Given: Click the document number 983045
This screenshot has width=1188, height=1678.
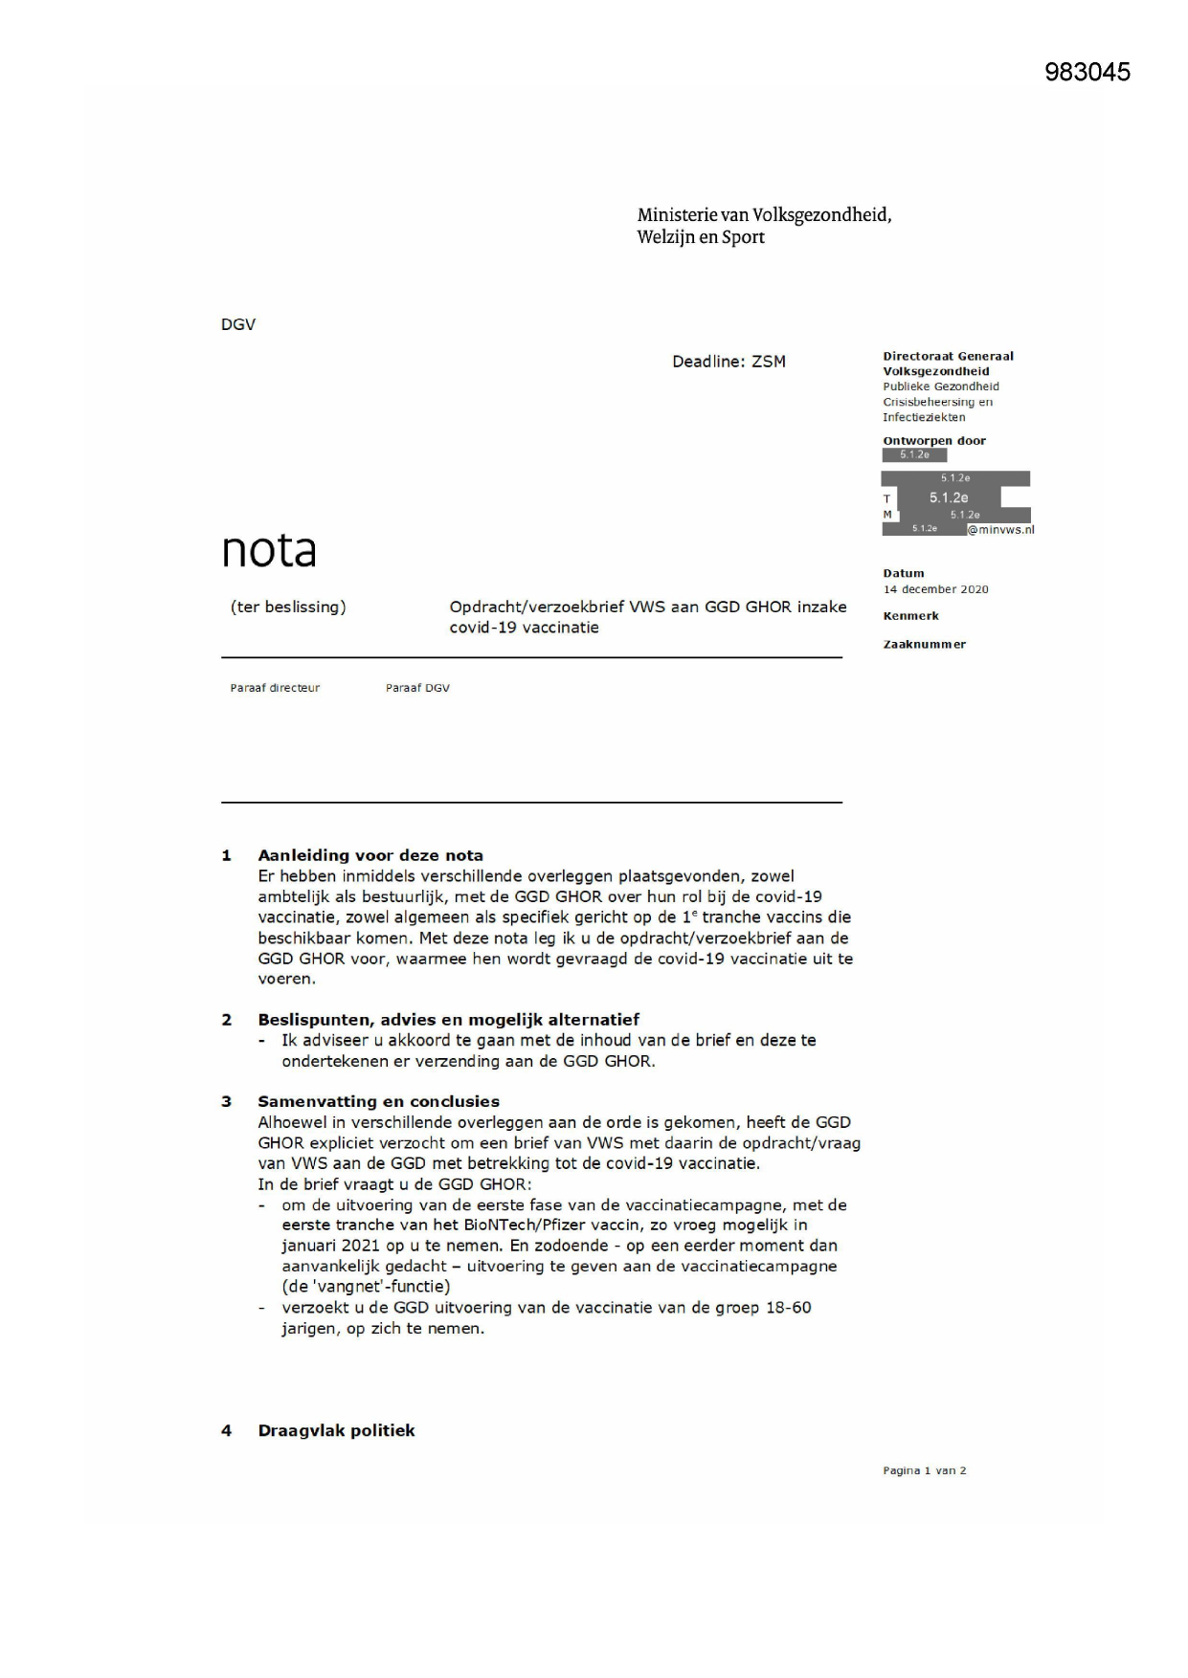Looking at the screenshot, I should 1087,72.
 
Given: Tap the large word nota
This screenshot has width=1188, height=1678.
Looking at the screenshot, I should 269,550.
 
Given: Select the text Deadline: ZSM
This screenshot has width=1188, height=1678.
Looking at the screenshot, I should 728,362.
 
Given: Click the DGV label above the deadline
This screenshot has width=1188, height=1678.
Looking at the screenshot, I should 238,324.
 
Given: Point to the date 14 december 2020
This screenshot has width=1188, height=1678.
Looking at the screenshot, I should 935,589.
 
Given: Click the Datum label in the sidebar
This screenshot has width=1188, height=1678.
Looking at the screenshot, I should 903,573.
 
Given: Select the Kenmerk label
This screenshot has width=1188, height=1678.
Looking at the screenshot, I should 910,616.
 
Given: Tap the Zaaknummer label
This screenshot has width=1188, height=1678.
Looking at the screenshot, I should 924,645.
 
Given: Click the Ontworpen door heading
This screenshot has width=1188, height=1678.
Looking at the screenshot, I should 933,441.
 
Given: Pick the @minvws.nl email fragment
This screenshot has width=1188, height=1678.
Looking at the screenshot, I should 1000,530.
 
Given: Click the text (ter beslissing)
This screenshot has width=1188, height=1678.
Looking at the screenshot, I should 288,607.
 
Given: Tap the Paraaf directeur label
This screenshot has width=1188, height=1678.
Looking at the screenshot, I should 275,688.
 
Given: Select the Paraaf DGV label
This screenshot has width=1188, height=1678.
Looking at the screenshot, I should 417,688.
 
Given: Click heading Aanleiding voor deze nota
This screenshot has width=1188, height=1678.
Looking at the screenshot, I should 370,855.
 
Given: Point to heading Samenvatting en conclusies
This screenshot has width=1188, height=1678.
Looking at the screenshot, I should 378,1101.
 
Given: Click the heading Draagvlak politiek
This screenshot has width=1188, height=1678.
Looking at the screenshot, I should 336,1430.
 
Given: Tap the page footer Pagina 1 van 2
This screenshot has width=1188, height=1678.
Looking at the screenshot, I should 924,1470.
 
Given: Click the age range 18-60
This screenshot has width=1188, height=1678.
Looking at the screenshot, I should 788,1308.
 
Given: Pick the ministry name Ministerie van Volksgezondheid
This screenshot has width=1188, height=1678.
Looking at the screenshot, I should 764,215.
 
